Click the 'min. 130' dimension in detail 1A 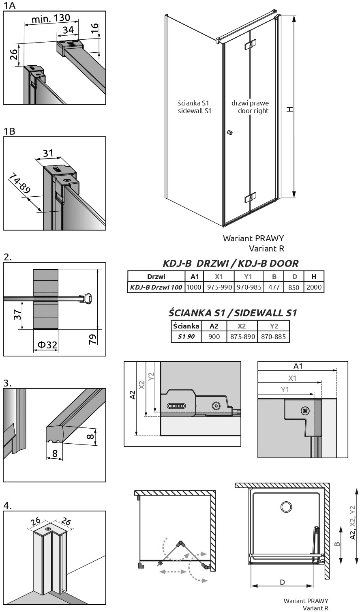[51, 18]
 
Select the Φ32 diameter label [47, 344]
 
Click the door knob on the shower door [230, 133]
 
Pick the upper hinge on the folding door [251, 45]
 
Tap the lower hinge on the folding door [251, 198]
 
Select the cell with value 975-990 [219, 287]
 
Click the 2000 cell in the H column [314, 287]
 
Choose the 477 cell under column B [274, 287]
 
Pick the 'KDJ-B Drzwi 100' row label [156, 287]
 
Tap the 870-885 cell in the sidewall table [273, 337]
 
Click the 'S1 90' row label [186, 337]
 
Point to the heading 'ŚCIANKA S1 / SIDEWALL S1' [233, 313]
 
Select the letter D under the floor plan [283, 582]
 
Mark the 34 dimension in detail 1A [68, 30]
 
